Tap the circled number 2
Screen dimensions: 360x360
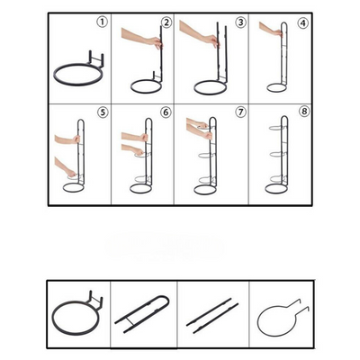pos(166,22)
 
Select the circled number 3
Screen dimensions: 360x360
pos(240,22)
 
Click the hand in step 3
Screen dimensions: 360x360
pos(198,38)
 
